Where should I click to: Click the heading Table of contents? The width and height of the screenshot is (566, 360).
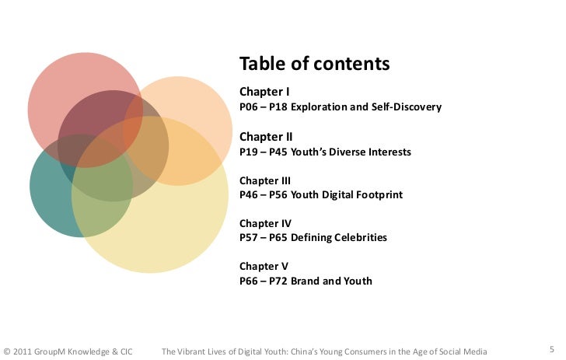[x=314, y=64]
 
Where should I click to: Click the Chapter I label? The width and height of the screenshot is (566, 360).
[x=265, y=92]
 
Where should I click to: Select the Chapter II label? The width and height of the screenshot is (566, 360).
[x=266, y=136]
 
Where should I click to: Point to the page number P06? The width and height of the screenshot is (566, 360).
[x=248, y=107]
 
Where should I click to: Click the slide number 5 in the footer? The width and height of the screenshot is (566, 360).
[x=551, y=349]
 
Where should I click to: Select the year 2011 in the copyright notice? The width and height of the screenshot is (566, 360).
[x=22, y=351]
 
